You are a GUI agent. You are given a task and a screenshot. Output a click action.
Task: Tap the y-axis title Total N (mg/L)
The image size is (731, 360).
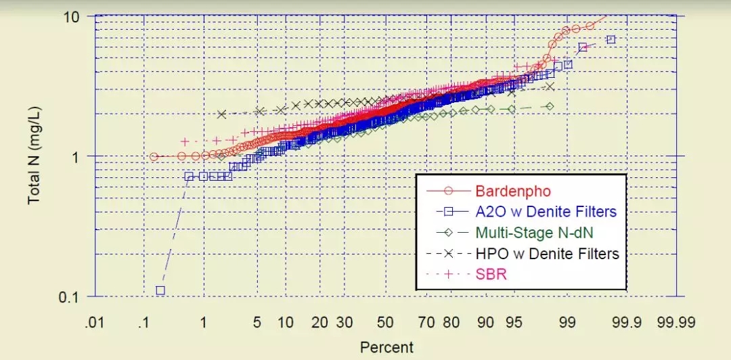[34, 156]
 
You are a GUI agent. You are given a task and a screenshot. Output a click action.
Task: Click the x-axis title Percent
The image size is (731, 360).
[386, 348]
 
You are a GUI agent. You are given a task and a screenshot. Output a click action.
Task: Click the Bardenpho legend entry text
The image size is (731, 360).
[508, 191]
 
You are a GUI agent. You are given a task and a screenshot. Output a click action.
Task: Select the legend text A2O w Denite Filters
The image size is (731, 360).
[546, 212]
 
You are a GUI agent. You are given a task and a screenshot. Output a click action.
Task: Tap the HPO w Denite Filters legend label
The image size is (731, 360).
[548, 254]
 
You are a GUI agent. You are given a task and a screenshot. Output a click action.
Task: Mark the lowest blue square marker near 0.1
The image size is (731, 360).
[160, 290]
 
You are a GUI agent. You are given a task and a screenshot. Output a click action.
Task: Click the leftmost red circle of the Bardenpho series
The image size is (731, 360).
[154, 156]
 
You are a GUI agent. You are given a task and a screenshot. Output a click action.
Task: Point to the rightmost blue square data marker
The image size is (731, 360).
[611, 40]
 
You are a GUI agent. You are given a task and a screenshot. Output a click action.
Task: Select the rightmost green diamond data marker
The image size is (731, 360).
[550, 106]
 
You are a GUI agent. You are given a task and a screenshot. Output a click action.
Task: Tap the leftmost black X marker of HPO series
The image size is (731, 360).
[221, 114]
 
